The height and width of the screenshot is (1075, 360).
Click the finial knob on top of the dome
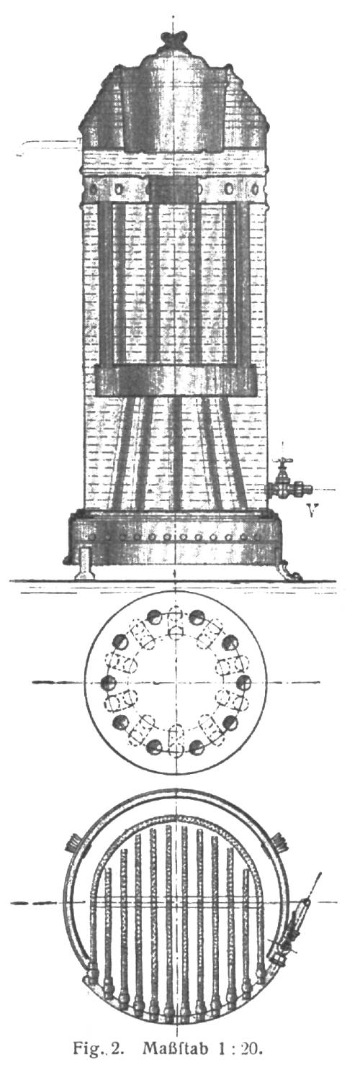174,39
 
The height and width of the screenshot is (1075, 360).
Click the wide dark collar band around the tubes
174,381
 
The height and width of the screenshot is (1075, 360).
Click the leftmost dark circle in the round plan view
107,682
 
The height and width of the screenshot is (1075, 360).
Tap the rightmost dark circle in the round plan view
244,682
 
